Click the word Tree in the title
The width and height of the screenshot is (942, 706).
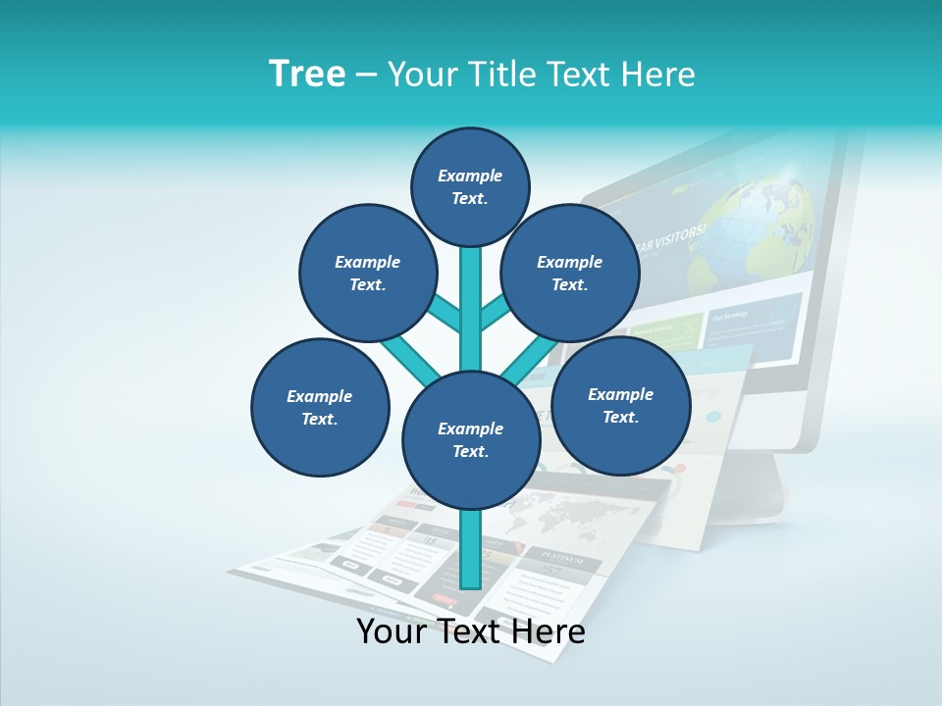(x=307, y=75)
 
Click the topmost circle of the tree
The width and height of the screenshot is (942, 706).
(x=470, y=186)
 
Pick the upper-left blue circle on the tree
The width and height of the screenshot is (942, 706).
(x=368, y=273)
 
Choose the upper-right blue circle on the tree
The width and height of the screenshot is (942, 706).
(x=570, y=273)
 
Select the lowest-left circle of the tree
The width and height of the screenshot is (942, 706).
(x=320, y=407)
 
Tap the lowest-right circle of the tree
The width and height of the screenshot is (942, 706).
(x=621, y=405)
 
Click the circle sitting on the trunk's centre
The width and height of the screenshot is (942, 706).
(x=471, y=440)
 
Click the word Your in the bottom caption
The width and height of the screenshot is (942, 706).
(x=392, y=631)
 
